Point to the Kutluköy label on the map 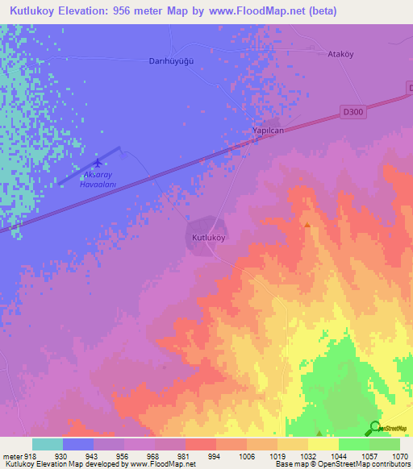[208, 238]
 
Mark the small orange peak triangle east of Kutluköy [307, 225]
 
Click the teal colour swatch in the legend [47, 444]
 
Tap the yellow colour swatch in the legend [323, 444]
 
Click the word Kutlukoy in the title [36, 11]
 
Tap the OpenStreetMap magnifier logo [374, 428]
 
